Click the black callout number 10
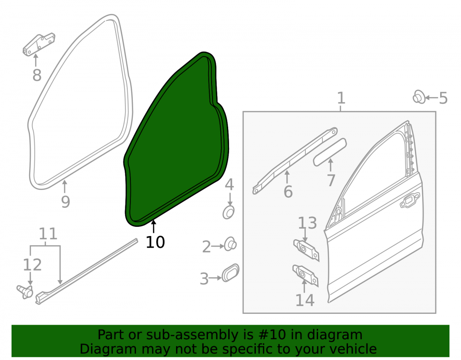pyautogui.click(x=155, y=242)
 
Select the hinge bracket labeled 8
pyautogui.click(x=39, y=44)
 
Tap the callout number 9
pyautogui.click(x=65, y=201)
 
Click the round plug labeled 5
pyautogui.click(x=419, y=97)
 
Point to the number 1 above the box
pyautogui.click(x=341, y=98)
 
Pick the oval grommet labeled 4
pyautogui.click(x=229, y=212)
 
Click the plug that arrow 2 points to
pyautogui.click(x=230, y=244)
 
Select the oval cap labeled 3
pyautogui.click(x=230, y=272)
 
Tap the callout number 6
pyautogui.click(x=288, y=192)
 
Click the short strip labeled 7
pyautogui.click(x=330, y=152)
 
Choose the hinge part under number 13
pyautogui.click(x=307, y=250)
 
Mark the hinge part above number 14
pyautogui.click(x=306, y=275)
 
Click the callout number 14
pyautogui.click(x=305, y=300)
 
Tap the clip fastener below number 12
pyautogui.click(x=25, y=291)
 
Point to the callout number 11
pyautogui.click(x=48, y=234)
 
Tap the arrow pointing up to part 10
pyautogui.click(x=154, y=227)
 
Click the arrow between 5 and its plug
pyautogui.click(x=431, y=98)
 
